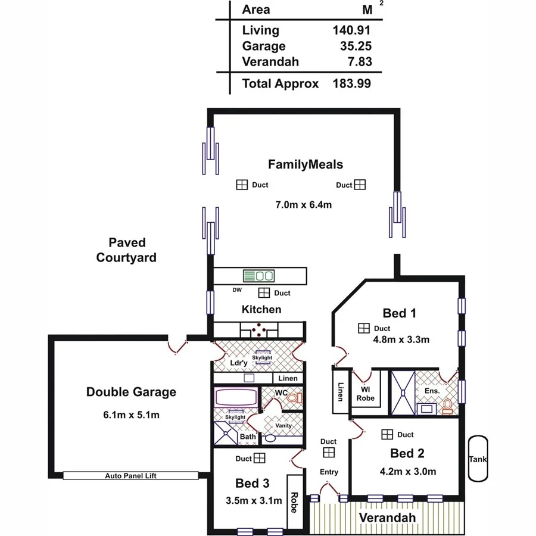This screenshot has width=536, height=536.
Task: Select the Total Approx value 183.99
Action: pos(351,84)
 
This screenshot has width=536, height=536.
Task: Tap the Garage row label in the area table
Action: pos(264,46)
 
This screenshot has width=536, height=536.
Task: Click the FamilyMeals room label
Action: pos(305,164)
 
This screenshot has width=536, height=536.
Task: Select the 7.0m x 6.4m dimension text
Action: pos(303,205)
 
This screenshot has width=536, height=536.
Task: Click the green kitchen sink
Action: pos(258,276)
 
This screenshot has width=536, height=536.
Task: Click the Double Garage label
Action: pos(131,392)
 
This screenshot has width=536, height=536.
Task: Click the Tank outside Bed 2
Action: pos(478,459)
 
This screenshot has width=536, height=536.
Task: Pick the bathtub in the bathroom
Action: pos(236,398)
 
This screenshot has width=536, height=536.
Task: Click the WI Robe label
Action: pos(366,394)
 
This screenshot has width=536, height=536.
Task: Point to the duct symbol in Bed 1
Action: pos(363,328)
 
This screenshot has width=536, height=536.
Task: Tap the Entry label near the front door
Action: pos(329,472)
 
